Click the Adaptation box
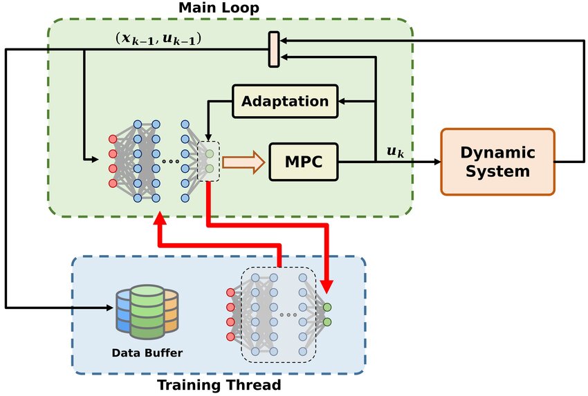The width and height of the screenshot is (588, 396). pos(284,101)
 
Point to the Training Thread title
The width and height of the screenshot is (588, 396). pos(219,385)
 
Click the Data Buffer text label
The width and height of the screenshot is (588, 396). pos(147,353)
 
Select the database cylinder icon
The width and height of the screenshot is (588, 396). pos(147,314)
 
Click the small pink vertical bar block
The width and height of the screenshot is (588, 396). pos(274,50)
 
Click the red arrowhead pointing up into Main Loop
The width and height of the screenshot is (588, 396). pos(160,219)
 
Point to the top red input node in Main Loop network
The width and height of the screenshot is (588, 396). pos(113,138)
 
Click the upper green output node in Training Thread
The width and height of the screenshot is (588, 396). pos(327,307)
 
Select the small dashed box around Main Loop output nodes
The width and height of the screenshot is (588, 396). pos(209,162)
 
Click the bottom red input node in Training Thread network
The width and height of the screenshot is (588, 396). pos(230,337)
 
